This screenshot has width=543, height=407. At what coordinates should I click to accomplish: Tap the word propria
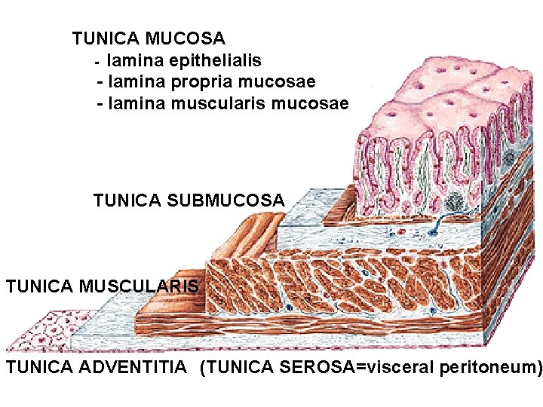(210, 81)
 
